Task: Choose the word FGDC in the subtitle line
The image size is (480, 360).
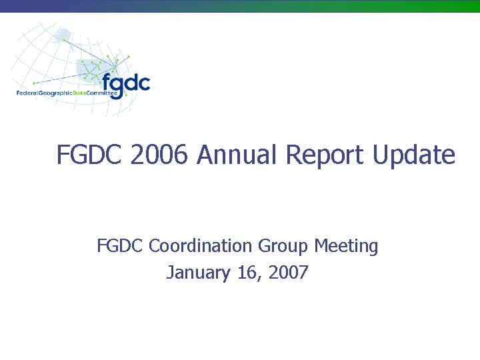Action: point(120,247)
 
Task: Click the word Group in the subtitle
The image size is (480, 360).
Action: point(283,247)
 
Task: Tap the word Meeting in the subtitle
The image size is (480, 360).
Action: point(346,247)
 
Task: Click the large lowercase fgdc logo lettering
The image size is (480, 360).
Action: point(126,83)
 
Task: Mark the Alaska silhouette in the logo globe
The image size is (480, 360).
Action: point(63,33)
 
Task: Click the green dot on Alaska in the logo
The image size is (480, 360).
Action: point(64,40)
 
